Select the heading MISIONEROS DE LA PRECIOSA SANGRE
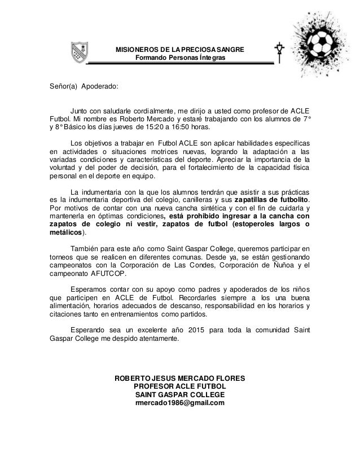point(180,50)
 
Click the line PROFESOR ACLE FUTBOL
point(179,386)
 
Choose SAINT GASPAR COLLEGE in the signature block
point(179,394)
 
